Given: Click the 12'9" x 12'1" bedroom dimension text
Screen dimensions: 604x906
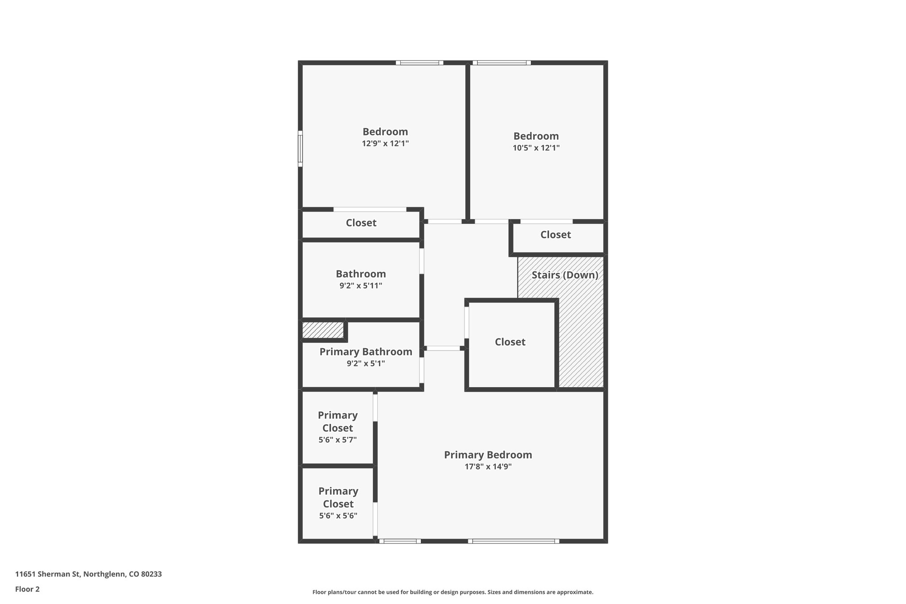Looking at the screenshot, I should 385,143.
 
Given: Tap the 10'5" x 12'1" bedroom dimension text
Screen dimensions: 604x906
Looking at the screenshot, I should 536,148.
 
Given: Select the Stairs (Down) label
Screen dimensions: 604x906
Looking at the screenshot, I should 564,275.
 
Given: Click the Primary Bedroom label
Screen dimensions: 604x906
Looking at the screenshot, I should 488,455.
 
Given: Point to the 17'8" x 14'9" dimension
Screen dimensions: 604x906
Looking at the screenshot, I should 488,466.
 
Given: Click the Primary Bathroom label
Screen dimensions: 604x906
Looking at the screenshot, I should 365,352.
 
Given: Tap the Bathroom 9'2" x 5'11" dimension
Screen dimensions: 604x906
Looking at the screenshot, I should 361,286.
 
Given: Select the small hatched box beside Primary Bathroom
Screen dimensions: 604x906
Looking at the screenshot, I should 323,330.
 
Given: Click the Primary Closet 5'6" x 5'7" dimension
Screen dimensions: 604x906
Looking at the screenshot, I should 338,440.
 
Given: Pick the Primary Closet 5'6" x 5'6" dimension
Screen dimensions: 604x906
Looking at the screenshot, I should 338,516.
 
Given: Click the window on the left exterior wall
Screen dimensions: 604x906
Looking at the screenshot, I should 300,149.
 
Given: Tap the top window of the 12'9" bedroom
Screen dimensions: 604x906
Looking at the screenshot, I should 419,63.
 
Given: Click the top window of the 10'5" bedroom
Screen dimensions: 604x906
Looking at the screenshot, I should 502,63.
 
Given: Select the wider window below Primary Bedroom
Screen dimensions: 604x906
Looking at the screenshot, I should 513,541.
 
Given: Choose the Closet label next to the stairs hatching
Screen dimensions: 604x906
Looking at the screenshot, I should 510,342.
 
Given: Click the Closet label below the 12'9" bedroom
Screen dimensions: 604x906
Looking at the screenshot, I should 361,223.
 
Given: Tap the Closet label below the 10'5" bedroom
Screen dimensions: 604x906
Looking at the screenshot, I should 555,235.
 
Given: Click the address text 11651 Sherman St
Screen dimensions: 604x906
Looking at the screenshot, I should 88,574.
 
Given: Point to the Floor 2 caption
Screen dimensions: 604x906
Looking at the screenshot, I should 27,589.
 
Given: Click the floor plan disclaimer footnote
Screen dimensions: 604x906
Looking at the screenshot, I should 453,592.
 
